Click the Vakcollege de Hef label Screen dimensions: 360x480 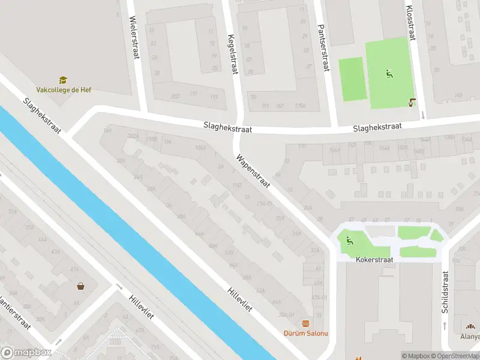click(x=64, y=90)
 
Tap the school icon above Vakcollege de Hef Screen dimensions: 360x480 click(x=63, y=80)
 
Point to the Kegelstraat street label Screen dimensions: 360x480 click(x=233, y=55)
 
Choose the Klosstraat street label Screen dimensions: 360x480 click(x=410, y=23)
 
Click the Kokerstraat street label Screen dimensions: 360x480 click(x=374, y=260)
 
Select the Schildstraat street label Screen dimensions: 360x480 click(x=445, y=292)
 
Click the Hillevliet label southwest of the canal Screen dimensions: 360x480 click(x=142, y=307)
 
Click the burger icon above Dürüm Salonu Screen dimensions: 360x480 click(x=306, y=323)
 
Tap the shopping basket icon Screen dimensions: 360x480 click(x=80, y=286)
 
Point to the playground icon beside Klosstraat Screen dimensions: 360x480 click(x=389, y=74)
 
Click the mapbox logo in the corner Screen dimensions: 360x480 click(x=25, y=353)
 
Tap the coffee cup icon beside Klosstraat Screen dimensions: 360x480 click(x=412, y=102)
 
